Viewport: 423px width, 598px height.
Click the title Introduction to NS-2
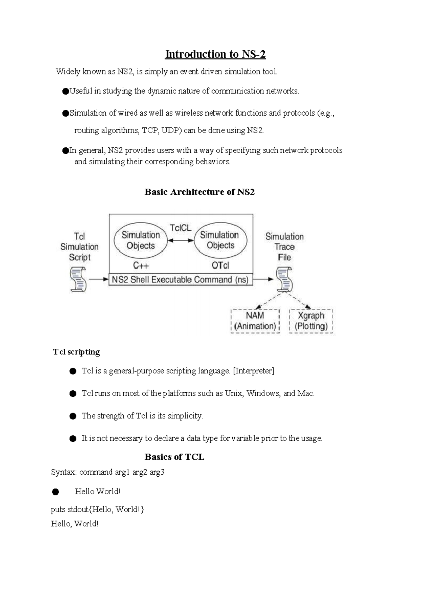tap(215, 54)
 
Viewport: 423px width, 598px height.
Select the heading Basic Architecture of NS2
tap(200, 192)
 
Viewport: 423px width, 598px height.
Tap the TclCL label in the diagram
tap(180, 228)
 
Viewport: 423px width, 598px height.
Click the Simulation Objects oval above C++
tap(141, 240)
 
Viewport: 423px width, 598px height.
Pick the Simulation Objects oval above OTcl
tap(220, 240)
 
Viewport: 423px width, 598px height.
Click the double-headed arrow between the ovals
tap(180, 240)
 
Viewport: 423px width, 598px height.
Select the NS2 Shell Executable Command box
tap(180, 280)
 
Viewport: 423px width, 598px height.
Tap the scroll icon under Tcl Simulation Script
tap(78, 279)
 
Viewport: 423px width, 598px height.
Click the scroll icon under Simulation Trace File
tap(284, 279)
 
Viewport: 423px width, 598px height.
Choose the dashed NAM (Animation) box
tap(255, 321)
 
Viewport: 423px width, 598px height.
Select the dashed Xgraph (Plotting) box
tap(311, 321)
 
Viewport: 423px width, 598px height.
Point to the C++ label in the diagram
tap(141, 266)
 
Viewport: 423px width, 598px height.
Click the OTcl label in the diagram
tap(220, 266)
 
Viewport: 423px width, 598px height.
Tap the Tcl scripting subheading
tap(76, 352)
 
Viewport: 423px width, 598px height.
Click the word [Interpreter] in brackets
tap(253, 371)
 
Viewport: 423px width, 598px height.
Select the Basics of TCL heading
tap(174, 457)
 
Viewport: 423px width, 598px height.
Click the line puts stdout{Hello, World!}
tap(97, 509)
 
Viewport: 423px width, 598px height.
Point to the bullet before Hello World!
tap(55, 492)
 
